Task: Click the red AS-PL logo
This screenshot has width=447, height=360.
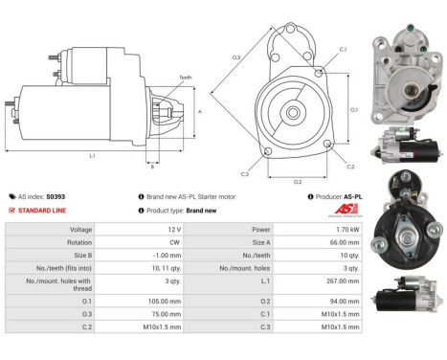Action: click(347, 210)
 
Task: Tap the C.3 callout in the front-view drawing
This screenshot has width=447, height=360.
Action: click(244, 173)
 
